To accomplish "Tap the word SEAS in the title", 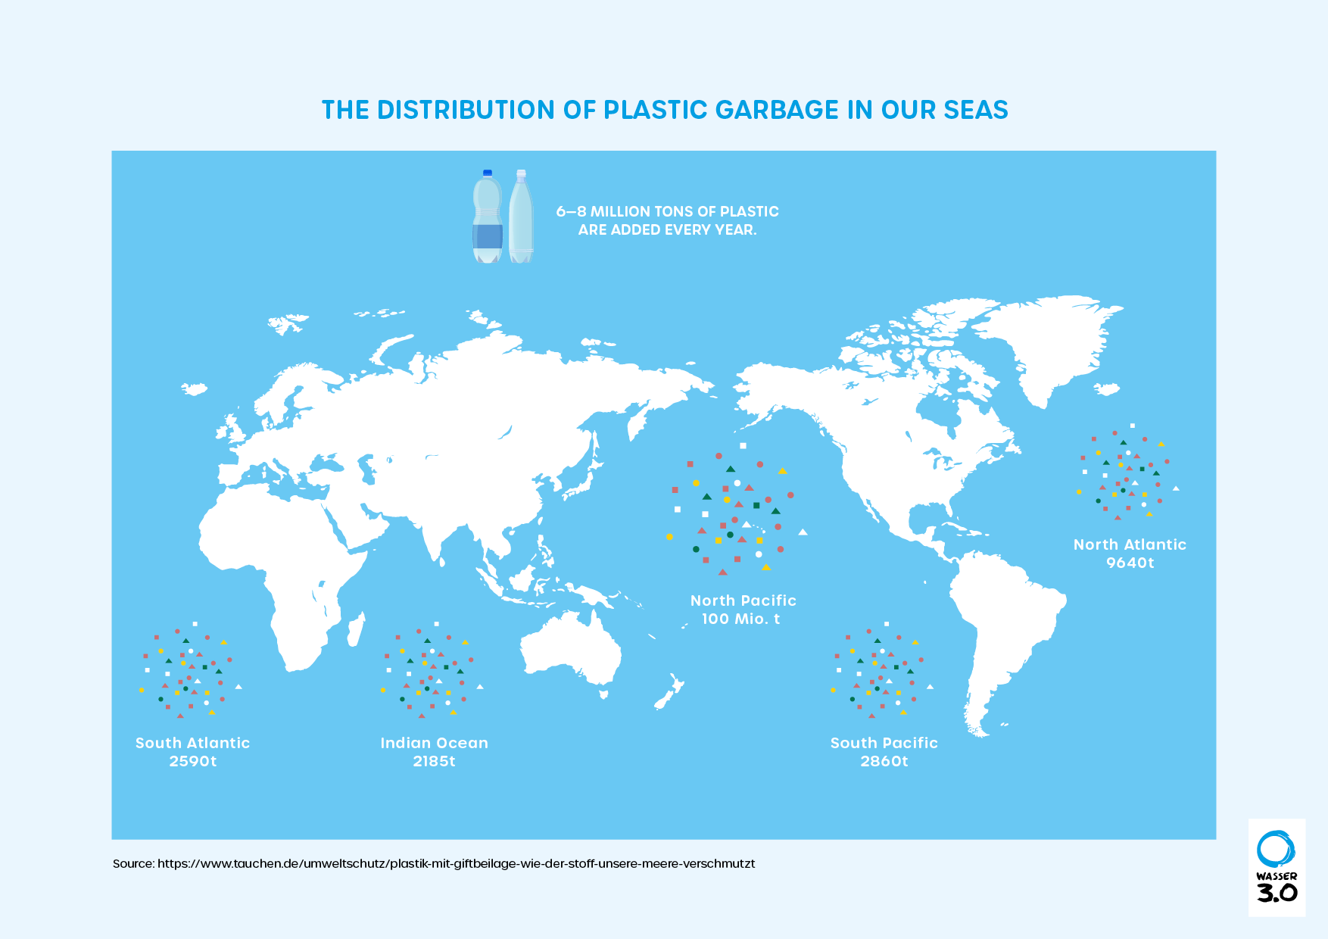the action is [976, 111].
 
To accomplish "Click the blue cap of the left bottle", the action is [488, 173].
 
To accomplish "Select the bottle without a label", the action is [521, 217].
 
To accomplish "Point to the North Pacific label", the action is [743, 601].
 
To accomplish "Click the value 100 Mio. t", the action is [740, 619].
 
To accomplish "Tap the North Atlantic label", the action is [1130, 544].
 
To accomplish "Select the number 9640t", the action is [1130, 563].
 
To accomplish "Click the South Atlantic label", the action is [192, 743].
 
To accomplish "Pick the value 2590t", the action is [192, 761].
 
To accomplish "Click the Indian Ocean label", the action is [434, 743].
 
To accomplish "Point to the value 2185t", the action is [434, 761].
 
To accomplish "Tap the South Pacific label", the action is [884, 743].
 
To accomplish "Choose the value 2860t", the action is [884, 761].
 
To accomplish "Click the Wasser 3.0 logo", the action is [1277, 867].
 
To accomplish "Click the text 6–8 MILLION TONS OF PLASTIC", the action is [667, 211].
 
